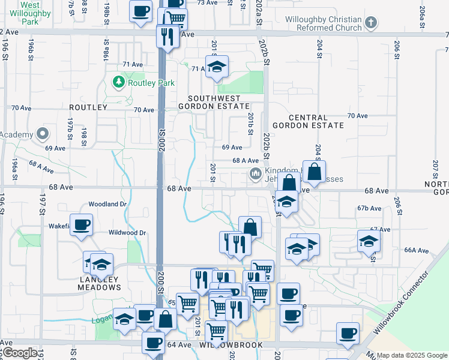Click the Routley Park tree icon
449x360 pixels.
[x=119, y=82]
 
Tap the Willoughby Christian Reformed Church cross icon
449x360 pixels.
[x=371, y=23]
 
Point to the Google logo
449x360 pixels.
[x=19, y=353]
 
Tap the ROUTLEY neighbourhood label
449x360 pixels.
[x=88, y=107]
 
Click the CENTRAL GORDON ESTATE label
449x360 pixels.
[x=308, y=122]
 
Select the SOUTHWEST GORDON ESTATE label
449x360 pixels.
[x=214, y=102]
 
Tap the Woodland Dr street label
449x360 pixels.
[x=107, y=204]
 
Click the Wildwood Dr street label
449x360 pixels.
[x=127, y=232]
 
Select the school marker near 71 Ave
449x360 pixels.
[x=217, y=66]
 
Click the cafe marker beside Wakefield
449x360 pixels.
[x=81, y=225]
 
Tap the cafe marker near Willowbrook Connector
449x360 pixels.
[x=347, y=334]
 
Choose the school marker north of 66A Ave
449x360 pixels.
[x=369, y=241]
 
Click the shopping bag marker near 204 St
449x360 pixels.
[x=314, y=172]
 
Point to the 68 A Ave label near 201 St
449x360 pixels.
[x=246, y=161]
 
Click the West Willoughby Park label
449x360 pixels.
[x=21, y=11]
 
